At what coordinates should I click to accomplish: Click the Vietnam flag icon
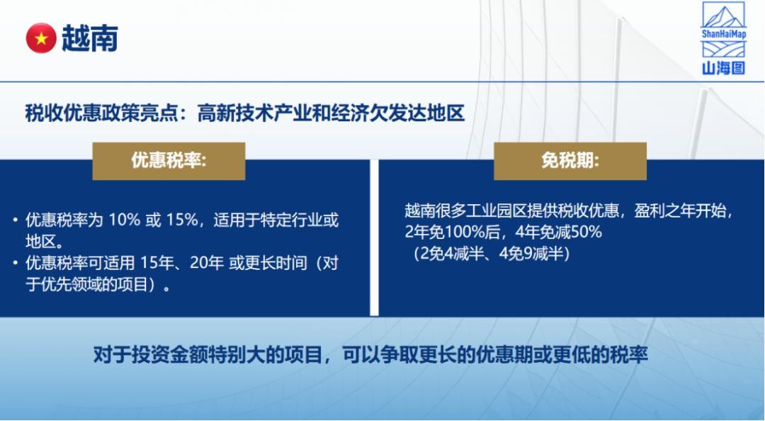(41, 38)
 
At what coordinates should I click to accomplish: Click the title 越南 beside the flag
(90, 38)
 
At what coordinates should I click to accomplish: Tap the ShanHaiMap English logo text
(723, 34)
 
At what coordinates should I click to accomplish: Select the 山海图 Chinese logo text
(723, 68)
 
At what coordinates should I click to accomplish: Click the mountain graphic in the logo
(723, 15)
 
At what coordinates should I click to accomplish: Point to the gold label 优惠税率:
(169, 161)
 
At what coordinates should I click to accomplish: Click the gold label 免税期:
(570, 161)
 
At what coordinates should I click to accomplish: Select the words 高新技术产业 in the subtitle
(254, 113)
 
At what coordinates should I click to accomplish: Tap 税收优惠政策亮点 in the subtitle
(101, 113)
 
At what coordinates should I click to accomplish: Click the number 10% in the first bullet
(125, 220)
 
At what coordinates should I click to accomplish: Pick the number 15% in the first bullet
(182, 220)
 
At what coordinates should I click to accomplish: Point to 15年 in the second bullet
(157, 263)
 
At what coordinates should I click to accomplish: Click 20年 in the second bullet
(207, 263)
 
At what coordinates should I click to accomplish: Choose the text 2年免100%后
(452, 232)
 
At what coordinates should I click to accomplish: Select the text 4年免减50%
(559, 232)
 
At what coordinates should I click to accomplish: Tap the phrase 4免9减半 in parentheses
(531, 254)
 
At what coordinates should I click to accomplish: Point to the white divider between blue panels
(374, 237)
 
